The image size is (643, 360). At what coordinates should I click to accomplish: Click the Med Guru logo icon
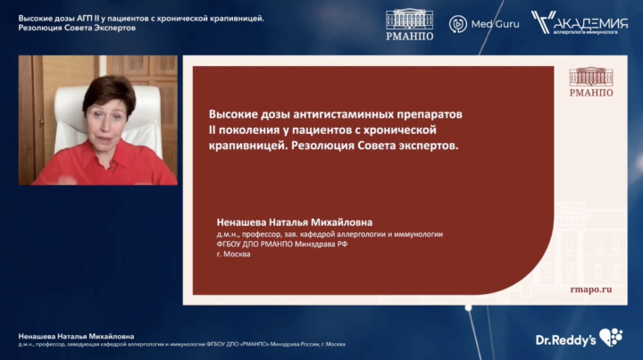[x=457, y=24]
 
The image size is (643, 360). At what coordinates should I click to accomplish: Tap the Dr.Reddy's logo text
[x=565, y=340]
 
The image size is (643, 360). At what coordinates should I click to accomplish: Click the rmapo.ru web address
[x=591, y=289]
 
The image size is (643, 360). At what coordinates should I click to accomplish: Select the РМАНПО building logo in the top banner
[x=410, y=25]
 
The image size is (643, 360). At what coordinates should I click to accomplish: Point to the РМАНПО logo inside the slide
[x=591, y=82]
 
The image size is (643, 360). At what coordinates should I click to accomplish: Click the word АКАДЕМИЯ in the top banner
[x=591, y=22]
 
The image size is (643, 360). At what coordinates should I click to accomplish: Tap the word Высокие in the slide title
[x=228, y=114]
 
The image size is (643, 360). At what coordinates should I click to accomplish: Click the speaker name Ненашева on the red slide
[x=241, y=222]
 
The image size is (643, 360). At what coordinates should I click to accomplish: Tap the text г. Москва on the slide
[x=233, y=255]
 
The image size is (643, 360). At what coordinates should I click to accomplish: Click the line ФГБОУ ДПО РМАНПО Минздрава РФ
[x=281, y=245]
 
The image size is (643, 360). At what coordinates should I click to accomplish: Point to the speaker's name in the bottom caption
[x=76, y=336]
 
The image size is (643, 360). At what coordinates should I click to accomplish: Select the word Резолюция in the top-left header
[x=40, y=28]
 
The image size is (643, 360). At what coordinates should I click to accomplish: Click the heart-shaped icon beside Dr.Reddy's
[x=611, y=338]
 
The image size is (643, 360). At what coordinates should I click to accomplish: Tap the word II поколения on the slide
[x=241, y=130]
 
